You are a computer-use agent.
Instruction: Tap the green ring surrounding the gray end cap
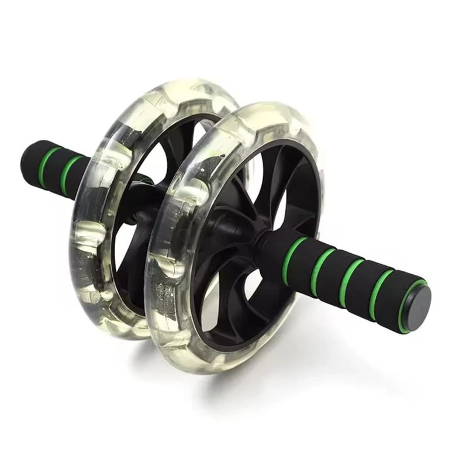coord(405,304)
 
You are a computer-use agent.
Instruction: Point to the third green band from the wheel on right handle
coord(351,283)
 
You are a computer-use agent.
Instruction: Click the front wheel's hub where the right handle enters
coord(257,240)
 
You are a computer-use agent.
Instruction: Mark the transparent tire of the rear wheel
coord(88,246)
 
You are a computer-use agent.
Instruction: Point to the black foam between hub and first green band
coord(275,248)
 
